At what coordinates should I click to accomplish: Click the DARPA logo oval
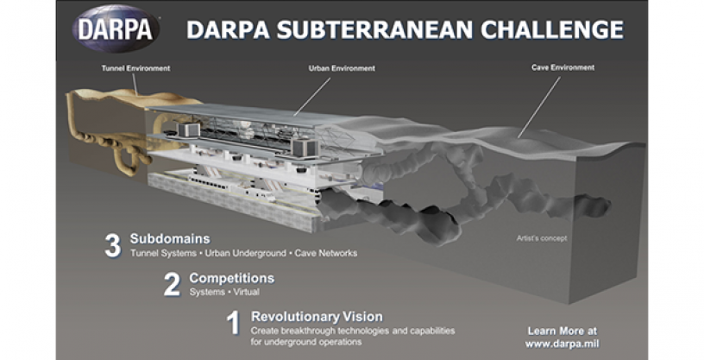tap(116, 29)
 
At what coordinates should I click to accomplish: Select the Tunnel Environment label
tap(135, 69)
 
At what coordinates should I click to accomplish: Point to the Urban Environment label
tap(342, 69)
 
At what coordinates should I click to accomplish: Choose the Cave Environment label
tap(563, 67)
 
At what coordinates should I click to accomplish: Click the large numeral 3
tap(113, 245)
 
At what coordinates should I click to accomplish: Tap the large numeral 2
tap(172, 285)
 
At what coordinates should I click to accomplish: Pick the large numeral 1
tap(234, 323)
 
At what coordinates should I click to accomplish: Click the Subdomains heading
tap(170, 238)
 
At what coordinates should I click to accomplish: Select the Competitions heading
tap(232, 278)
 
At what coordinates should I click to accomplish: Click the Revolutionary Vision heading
tap(317, 317)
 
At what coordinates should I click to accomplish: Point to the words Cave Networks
tap(326, 254)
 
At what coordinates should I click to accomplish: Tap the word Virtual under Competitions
tap(247, 292)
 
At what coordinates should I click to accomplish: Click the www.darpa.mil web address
tap(563, 344)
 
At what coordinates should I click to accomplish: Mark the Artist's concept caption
tap(542, 238)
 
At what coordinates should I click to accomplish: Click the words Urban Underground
tap(245, 254)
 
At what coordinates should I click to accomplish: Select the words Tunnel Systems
tap(163, 254)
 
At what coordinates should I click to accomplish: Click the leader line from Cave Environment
tap(539, 106)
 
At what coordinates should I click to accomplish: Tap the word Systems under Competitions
tap(207, 292)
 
